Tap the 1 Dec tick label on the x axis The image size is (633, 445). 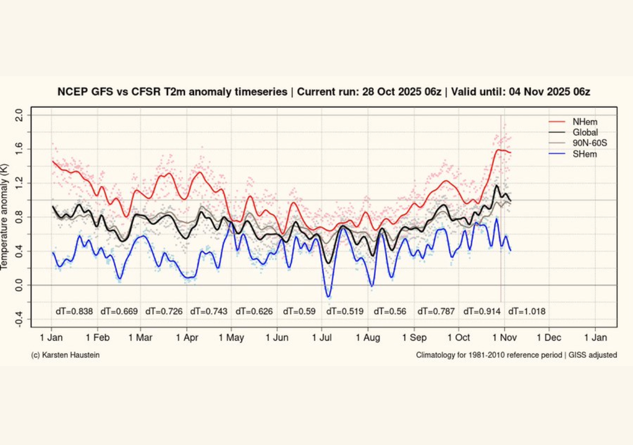tap(548, 338)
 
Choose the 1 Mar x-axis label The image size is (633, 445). tap(140, 338)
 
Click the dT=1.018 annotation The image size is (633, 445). tap(527, 311)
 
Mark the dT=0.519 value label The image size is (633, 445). tap(347, 311)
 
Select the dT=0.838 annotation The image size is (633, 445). tap(74, 311)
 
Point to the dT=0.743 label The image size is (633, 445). tap(210, 311)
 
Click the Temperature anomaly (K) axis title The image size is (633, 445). tap(6, 217)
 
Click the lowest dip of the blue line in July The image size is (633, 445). tap(328, 296)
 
